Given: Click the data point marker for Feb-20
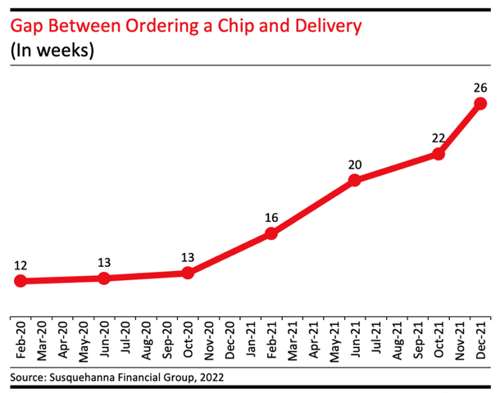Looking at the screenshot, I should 20,282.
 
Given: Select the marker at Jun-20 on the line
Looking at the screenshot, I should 104,278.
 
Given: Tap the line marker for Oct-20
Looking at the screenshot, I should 188,273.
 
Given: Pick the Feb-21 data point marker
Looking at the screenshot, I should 271,234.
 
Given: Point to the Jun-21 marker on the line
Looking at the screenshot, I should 355,179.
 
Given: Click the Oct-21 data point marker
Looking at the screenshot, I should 439,153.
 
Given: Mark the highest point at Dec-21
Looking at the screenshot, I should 480,103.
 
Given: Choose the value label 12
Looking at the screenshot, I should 20,264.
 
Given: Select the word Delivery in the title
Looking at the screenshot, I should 327,26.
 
